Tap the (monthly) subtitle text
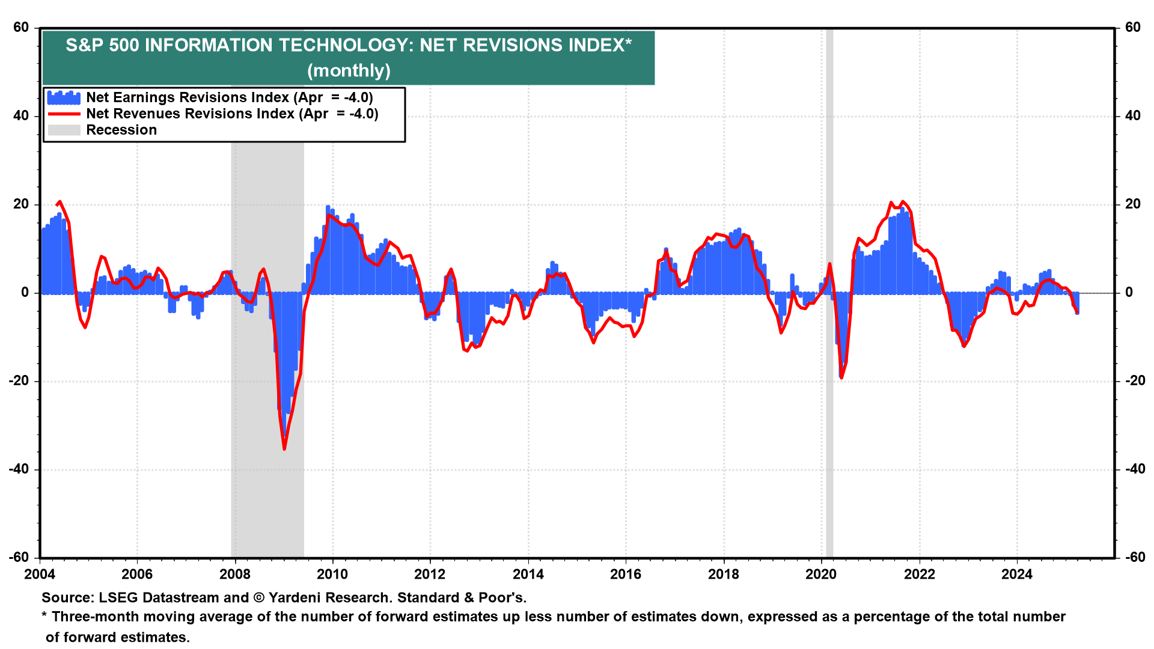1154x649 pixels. (x=349, y=71)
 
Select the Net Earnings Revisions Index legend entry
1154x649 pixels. (x=229, y=97)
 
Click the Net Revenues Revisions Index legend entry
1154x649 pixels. (x=232, y=114)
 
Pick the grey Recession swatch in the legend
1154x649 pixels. (x=64, y=130)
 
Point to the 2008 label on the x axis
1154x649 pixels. (x=234, y=574)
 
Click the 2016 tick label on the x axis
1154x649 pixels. (x=626, y=574)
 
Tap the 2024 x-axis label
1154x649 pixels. (x=1016, y=574)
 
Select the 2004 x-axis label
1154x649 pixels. (x=40, y=574)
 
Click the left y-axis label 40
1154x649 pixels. (x=21, y=116)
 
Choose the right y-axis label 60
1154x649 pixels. (x=1132, y=28)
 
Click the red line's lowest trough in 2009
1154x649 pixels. (x=284, y=448)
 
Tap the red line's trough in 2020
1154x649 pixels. (x=841, y=377)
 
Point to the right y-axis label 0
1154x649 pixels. (x=1129, y=293)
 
